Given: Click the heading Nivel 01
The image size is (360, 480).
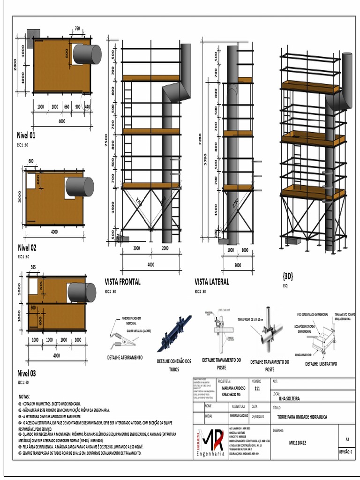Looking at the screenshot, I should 26,136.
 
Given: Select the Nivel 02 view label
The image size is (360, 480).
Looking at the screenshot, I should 27,247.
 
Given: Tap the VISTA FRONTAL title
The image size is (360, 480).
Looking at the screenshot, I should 122,282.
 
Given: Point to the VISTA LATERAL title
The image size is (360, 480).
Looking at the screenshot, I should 212,282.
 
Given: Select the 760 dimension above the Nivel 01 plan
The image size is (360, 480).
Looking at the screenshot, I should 77,29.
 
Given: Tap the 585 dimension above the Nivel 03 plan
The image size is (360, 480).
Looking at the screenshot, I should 33,267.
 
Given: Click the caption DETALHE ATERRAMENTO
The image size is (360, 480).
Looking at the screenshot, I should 125,357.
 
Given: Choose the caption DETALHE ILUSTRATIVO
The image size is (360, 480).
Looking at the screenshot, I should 321,363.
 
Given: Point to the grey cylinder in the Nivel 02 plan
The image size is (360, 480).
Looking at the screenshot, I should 79,187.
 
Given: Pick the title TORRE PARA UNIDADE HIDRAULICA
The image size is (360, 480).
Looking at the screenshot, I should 302,416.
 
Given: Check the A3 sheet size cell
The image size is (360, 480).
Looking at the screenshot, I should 347,439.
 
